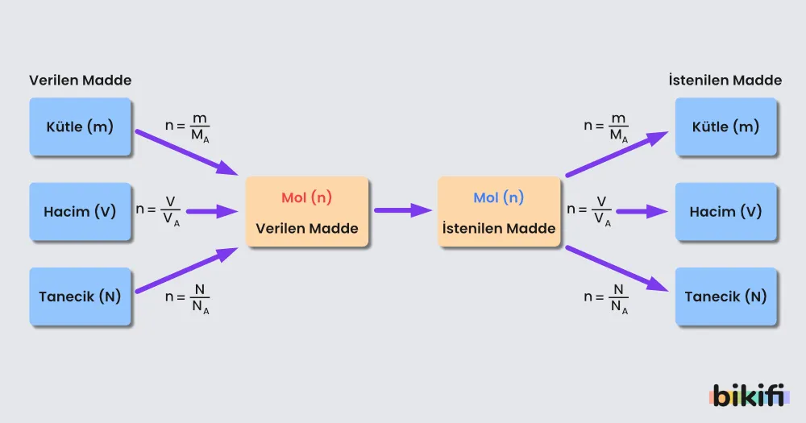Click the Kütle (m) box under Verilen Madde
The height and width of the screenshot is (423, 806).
(80, 126)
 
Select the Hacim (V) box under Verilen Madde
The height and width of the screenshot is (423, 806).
(80, 211)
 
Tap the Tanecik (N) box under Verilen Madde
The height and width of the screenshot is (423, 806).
(80, 296)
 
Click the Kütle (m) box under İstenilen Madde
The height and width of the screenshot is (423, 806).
(726, 126)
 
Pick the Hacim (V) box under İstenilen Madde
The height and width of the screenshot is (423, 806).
(726, 211)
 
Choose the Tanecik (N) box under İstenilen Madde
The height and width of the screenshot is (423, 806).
(726, 296)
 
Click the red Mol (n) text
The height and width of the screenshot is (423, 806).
(307, 197)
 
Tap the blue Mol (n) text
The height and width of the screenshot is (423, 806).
(499, 197)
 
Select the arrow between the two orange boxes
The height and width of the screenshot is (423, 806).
(403, 210)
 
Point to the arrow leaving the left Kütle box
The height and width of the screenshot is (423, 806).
(187, 152)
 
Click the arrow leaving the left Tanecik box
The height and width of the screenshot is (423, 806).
(187, 271)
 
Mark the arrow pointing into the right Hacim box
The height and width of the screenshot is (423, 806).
(642, 211)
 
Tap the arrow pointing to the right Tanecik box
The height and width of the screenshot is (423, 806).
(617, 269)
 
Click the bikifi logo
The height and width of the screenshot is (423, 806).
(749, 396)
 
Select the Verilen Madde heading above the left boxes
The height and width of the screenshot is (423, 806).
(80, 81)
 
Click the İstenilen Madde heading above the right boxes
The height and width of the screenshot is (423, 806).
(725, 81)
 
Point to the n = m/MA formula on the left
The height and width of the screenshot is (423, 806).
(187, 128)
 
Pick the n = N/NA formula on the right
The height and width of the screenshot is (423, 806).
(605, 299)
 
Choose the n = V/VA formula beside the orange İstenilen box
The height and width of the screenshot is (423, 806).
(589, 211)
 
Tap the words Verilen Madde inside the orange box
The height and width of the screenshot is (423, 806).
(307, 228)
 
